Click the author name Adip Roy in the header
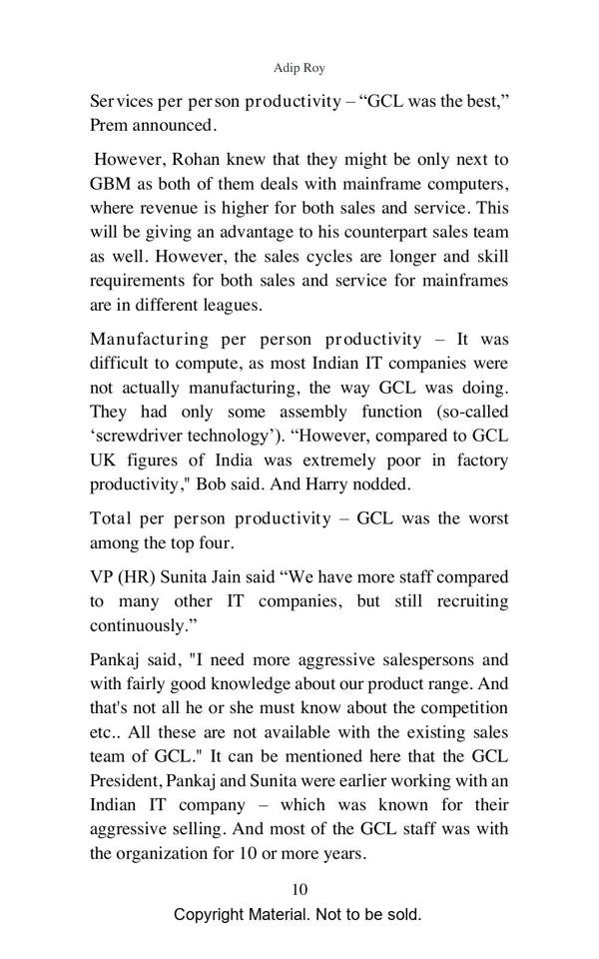pos(299,68)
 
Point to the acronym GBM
pos(111,185)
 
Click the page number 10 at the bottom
pos(299,890)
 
